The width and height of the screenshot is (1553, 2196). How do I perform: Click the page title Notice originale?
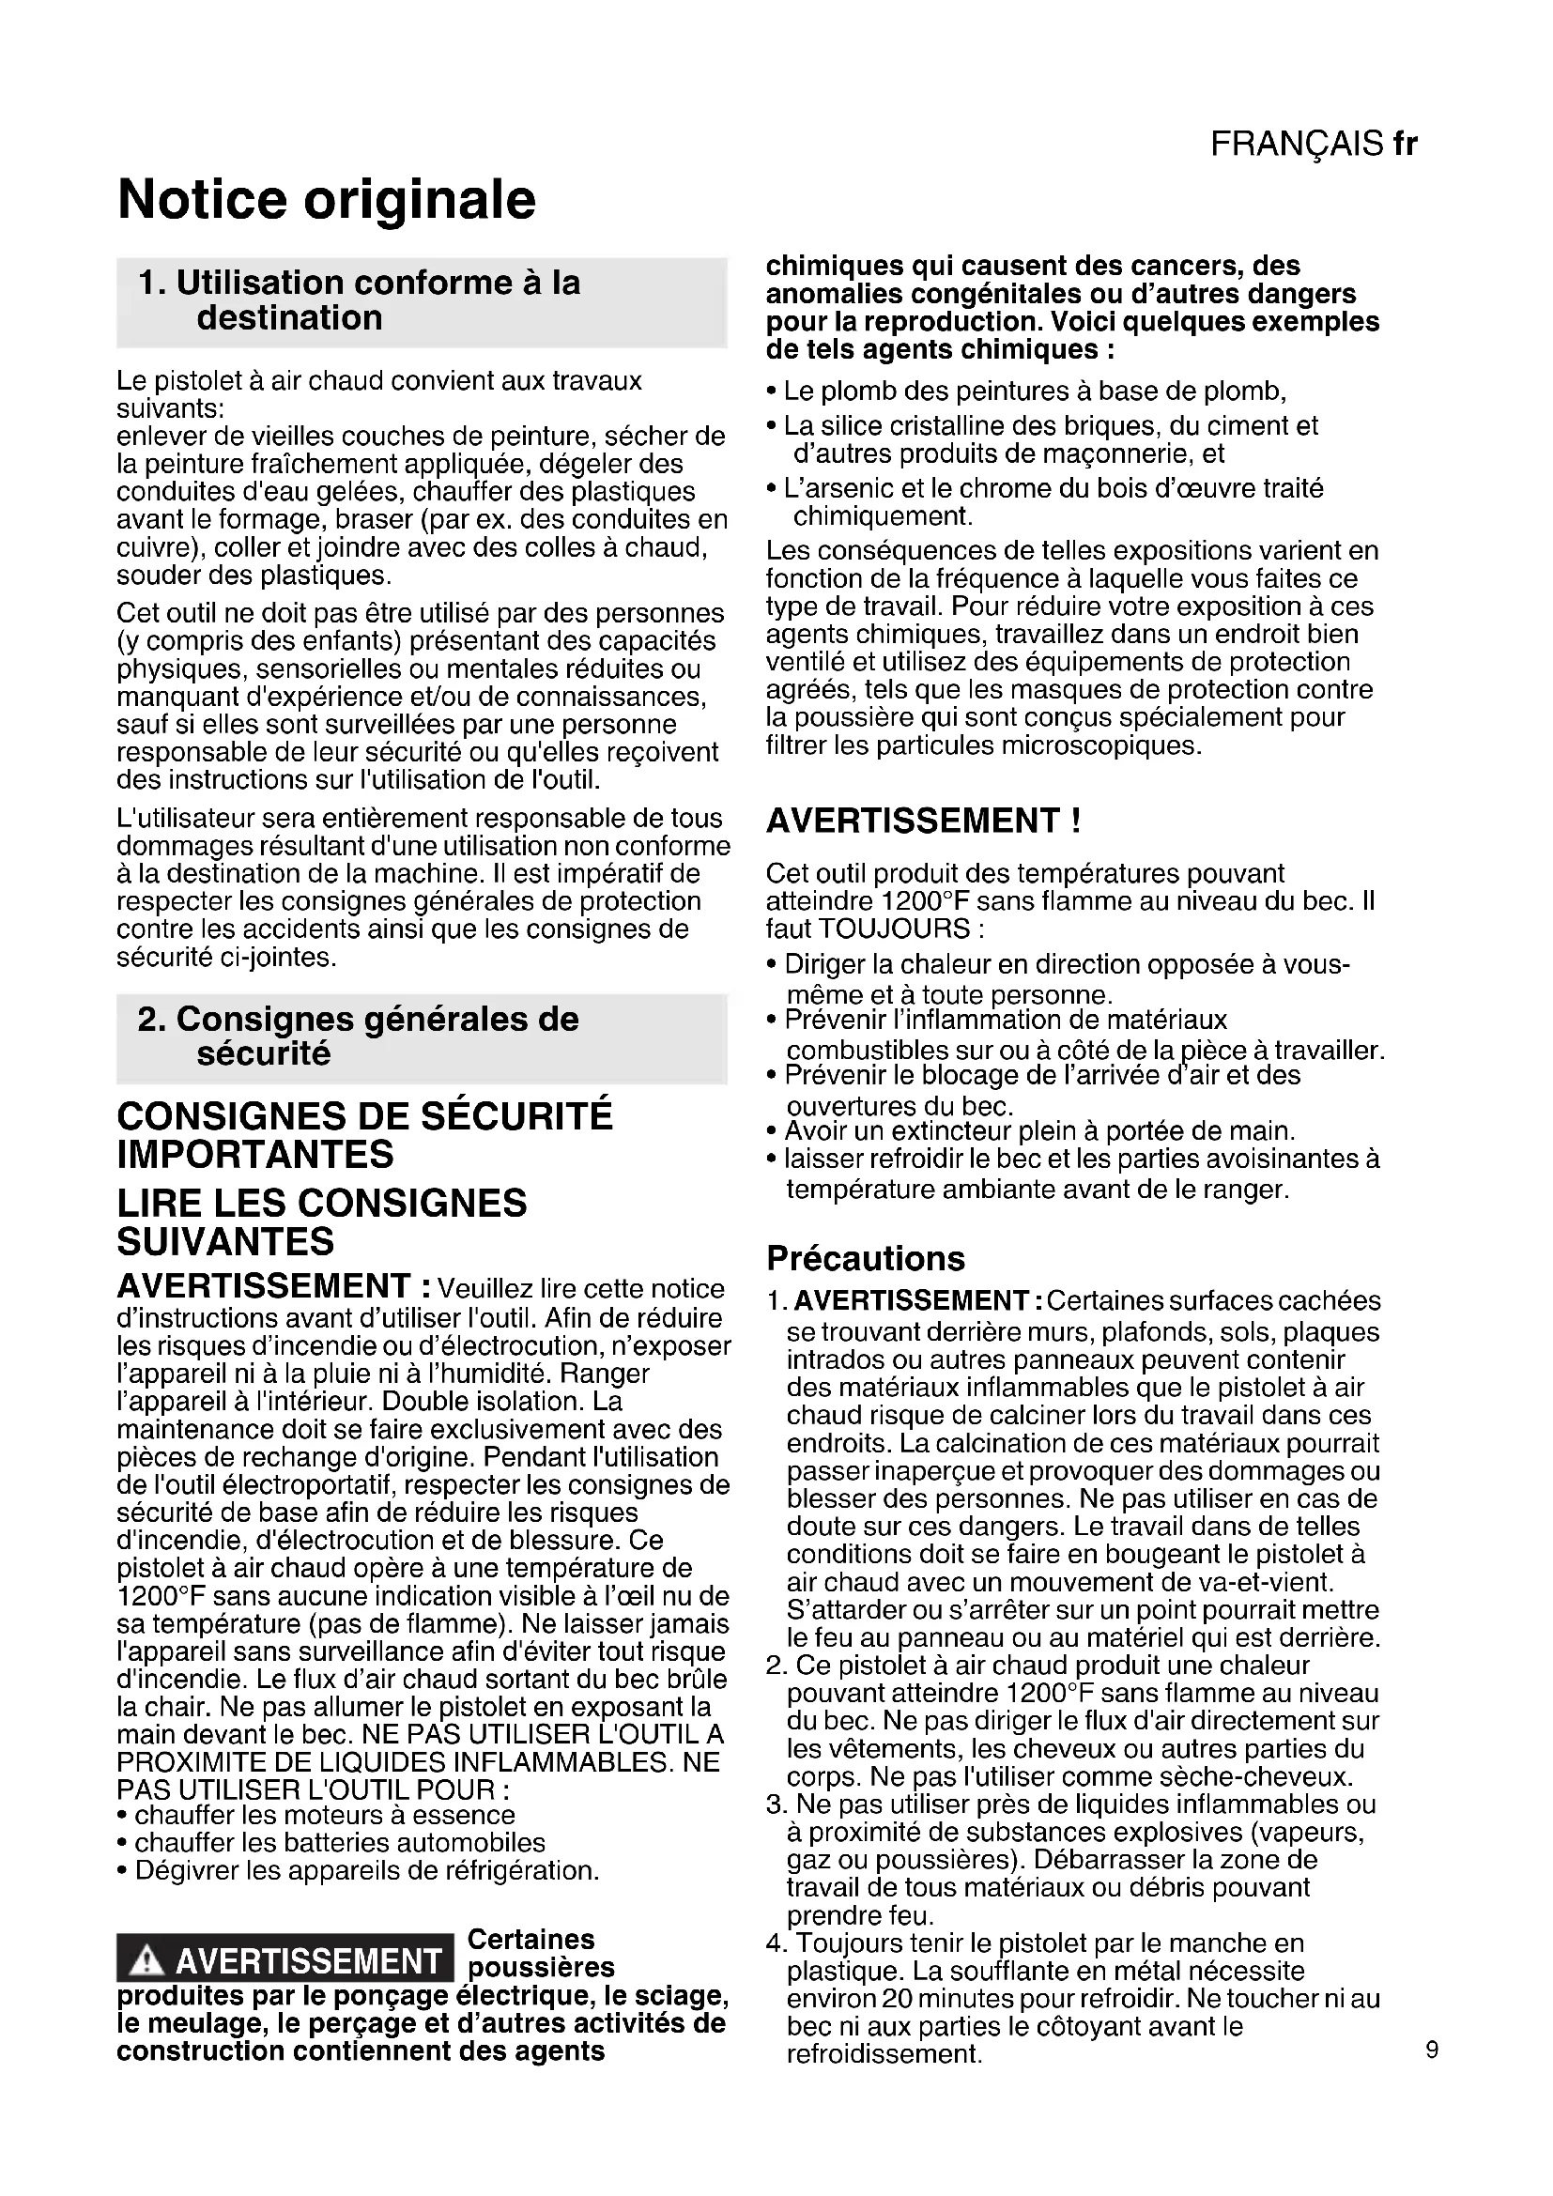pyautogui.click(x=326, y=199)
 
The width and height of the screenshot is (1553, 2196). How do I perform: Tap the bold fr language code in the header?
pyautogui.click(x=1405, y=144)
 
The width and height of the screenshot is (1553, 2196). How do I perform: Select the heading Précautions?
pyautogui.click(x=866, y=1258)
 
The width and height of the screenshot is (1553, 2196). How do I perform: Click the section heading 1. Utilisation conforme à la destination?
pyautogui.click(x=360, y=300)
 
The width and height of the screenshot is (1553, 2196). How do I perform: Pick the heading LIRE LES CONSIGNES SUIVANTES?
pyautogui.click(x=321, y=1221)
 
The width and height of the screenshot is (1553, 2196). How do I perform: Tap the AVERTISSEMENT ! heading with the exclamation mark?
pyautogui.click(x=924, y=821)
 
